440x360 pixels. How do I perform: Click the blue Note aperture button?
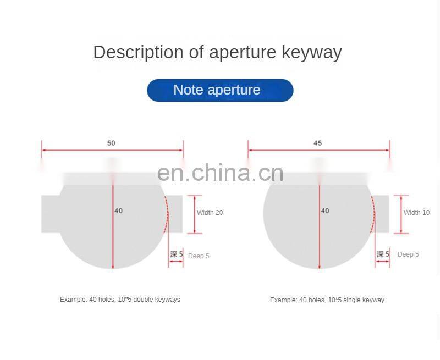220,90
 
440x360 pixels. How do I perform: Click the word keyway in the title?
312,52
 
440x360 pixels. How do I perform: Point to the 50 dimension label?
111,143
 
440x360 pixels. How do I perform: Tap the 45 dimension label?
317,143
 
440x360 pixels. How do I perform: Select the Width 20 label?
210,213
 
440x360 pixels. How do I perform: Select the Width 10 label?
416,213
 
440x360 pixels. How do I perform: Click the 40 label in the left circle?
119,211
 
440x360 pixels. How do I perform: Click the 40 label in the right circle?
325,211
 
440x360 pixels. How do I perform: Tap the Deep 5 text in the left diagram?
199,256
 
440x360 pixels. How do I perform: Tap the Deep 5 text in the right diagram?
408,254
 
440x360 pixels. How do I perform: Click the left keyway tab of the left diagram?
50,214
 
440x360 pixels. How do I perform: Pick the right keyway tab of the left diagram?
175,214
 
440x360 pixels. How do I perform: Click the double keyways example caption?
120,300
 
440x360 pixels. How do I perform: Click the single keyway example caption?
327,300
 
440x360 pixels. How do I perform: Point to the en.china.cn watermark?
220,173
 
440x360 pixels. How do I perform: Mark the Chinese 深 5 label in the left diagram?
176,254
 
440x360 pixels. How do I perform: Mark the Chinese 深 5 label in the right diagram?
383,254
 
